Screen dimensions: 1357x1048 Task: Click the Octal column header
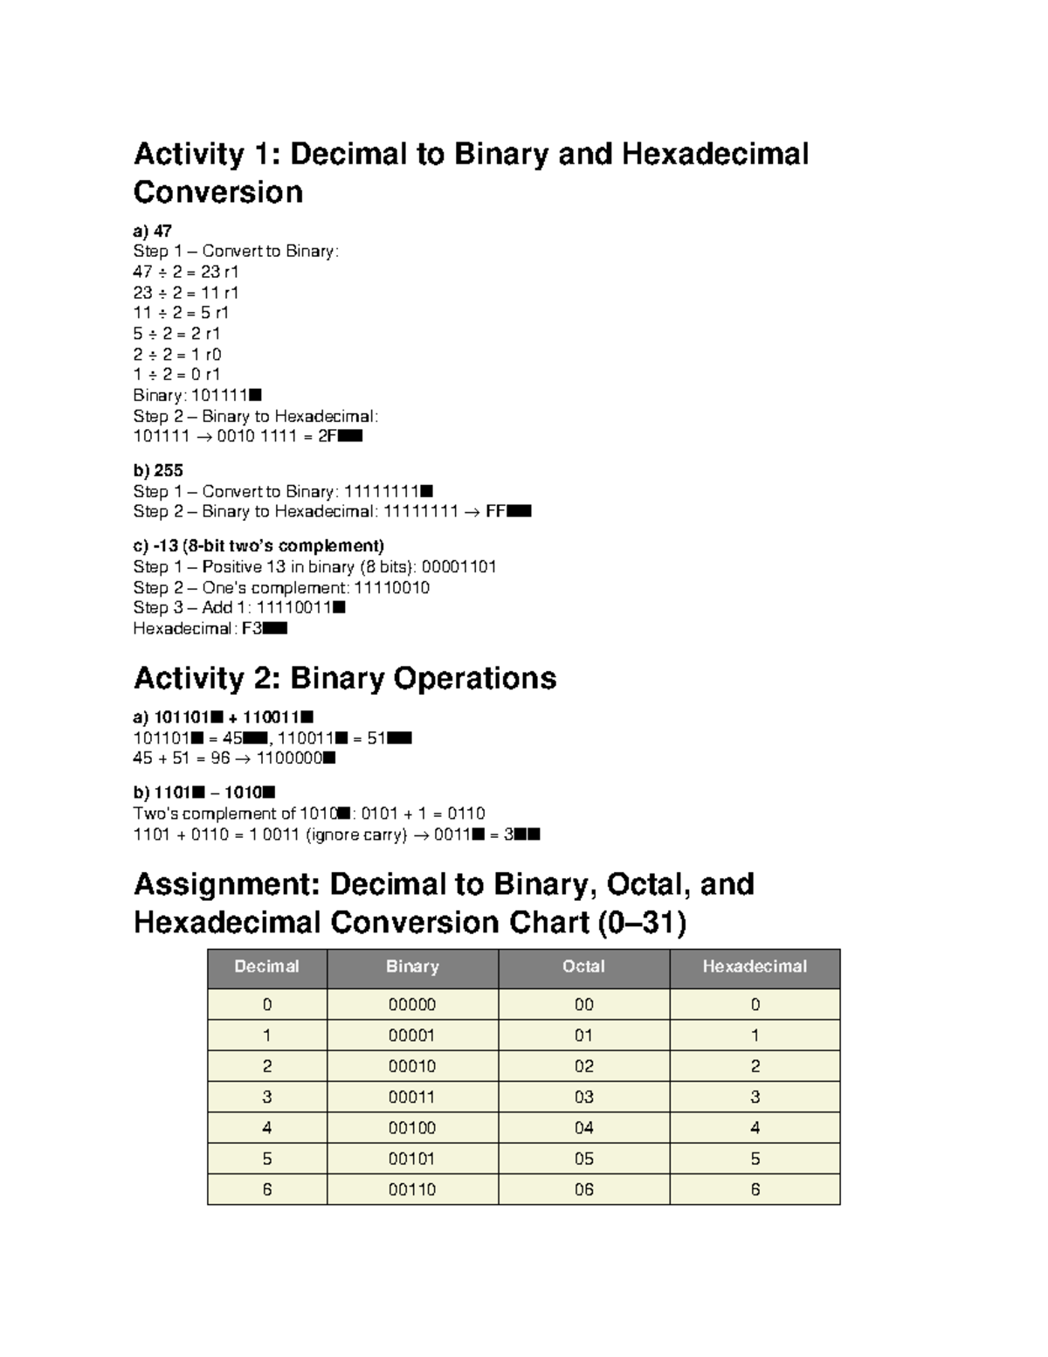583,966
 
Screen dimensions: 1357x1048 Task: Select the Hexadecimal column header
755,966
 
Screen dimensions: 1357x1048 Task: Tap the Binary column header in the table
412,966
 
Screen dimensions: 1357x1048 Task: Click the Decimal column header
267,966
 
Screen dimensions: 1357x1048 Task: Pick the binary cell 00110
412,1189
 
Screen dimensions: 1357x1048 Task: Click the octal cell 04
583,1127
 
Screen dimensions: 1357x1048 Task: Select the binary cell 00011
412,1097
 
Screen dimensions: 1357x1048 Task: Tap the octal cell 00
583,1004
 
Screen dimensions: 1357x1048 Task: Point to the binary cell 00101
412,1159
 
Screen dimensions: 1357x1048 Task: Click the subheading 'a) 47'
152,231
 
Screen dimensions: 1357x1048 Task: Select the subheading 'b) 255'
157,470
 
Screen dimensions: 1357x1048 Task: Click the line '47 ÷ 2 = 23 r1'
186,272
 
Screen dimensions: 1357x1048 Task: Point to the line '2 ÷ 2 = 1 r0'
177,354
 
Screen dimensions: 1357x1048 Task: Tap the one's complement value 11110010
391,587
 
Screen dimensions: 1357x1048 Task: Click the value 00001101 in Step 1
458,566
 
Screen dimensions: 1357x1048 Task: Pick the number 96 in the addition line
220,758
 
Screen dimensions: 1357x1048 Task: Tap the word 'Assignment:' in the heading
225,884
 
